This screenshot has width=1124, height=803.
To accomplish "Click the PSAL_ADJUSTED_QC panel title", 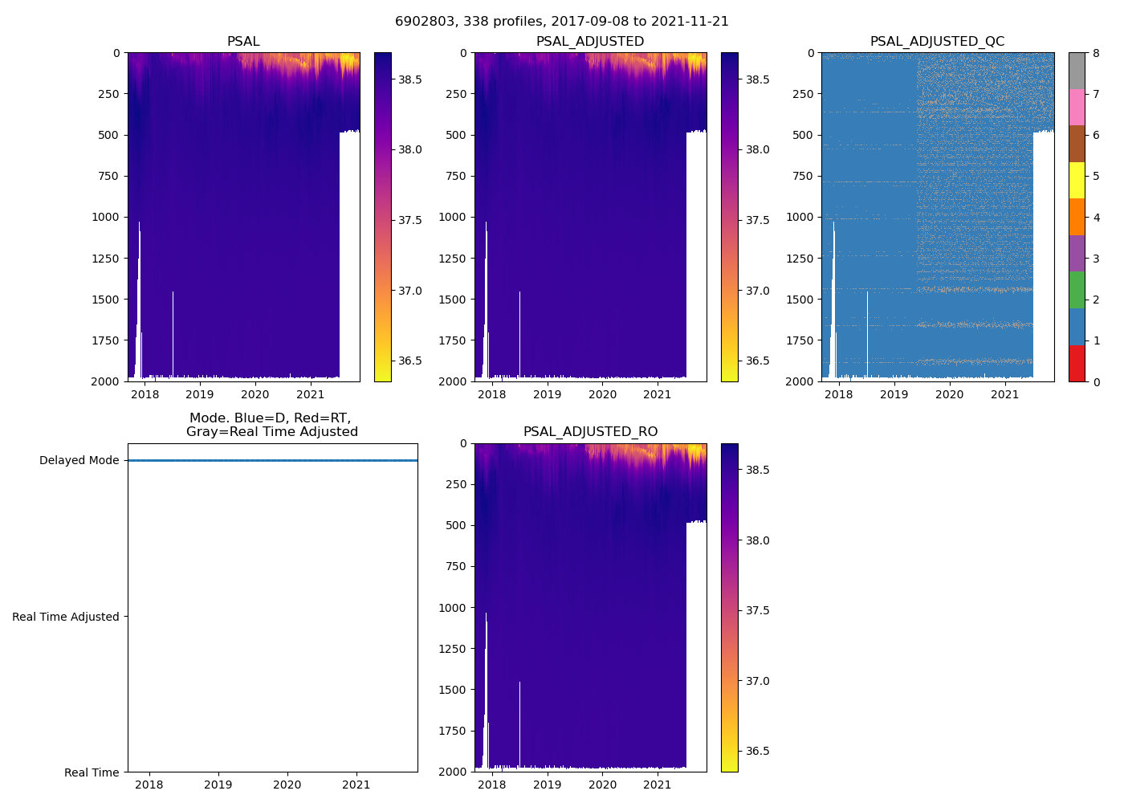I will click(x=937, y=42).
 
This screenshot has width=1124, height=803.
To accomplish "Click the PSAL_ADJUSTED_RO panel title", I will click(x=590, y=432).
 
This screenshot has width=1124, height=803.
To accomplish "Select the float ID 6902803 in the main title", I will click(x=423, y=22).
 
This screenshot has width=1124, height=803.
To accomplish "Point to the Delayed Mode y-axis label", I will click(x=79, y=461).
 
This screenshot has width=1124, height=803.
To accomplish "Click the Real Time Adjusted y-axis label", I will click(x=66, y=617).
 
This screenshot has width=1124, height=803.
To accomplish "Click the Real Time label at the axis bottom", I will click(x=92, y=772).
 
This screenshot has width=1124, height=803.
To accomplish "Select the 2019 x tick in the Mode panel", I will click(x=218, y=785).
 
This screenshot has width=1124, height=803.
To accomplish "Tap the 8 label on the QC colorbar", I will click(x=1096, y=53).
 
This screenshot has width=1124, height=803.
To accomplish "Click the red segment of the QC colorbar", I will click(x=1077, y=363).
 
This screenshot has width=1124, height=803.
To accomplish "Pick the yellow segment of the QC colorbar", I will click(x=1077, y=181).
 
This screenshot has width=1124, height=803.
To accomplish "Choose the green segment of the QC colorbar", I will click(x=1077, y=290).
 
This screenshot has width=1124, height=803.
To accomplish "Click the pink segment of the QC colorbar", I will click(x=1077, y=108).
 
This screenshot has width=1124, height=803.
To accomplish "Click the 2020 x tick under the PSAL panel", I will click(x=255, y=394).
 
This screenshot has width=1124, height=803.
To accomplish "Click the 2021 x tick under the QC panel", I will click(x=1004, y=394).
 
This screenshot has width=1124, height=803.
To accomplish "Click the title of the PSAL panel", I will click(x=243, y=42).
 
